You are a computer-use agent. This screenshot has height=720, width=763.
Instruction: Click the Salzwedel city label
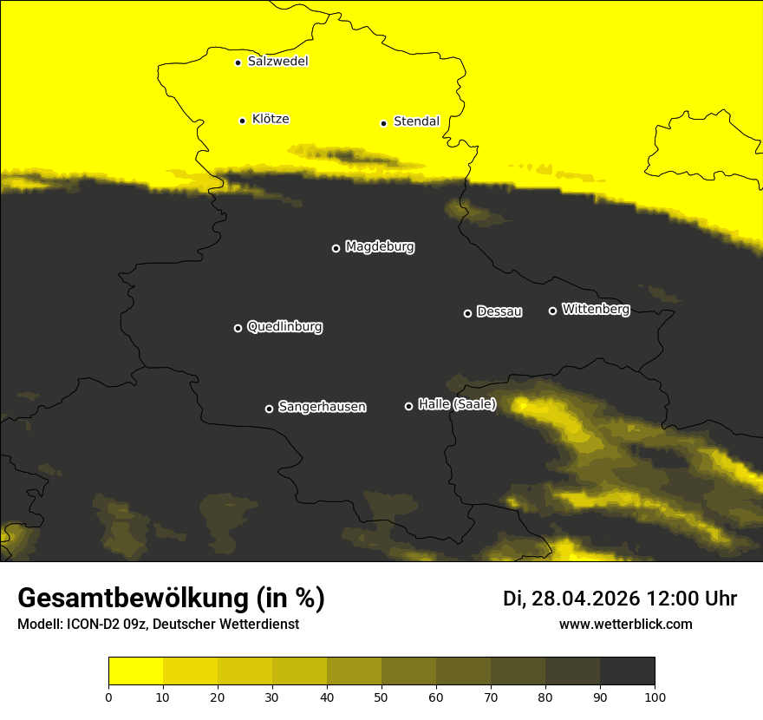[x=277, y=62]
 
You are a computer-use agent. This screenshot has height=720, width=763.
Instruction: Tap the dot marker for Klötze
[x=242, y=121]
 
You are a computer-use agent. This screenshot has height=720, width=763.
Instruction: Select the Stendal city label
[x=416, y=121]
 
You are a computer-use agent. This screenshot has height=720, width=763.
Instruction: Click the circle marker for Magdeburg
[x=336, y=248]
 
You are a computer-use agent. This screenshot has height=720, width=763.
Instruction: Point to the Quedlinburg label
[x=284, y=327]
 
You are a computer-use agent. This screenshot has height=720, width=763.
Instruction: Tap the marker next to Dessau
[x=467, y=313]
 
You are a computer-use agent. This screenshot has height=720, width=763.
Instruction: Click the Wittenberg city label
[x=596, y=309]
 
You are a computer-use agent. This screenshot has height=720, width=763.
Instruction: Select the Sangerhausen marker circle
[x=269, y=409]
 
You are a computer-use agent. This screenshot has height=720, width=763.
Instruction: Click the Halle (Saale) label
[x=457, y=404]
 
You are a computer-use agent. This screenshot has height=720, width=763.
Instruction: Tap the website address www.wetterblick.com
[x=625, y=625]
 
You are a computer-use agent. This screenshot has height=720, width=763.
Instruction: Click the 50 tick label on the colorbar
[x=381, y=697]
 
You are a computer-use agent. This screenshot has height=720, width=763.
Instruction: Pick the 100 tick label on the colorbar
[x=655, y=697]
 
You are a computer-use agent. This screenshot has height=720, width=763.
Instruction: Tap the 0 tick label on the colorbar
[x=108, y=697]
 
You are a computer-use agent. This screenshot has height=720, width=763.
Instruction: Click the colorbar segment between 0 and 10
[x=135, y=671]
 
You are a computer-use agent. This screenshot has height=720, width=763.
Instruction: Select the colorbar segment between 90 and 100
[x=627, y=671]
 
